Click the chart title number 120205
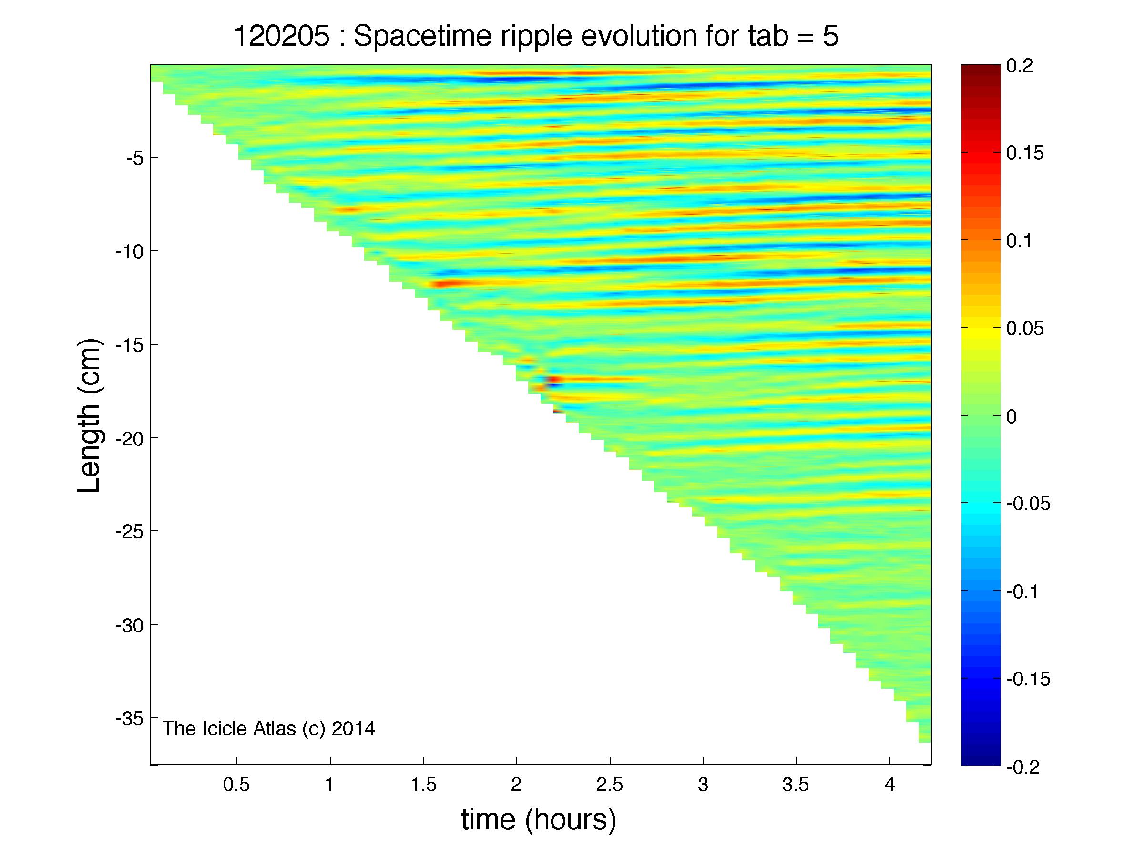click(x=282, y=37)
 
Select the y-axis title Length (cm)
click(x=89, y=416)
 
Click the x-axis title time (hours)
click(x=539, y=819)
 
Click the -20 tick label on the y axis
click(x=131, y=438)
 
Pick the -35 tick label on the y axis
click(x=131, y=718)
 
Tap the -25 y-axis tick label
click(x=131, y=531)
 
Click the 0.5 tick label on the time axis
click(x=236, y=786)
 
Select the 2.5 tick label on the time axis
click(x=610, y=786)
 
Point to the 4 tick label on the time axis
click(x=889, y=786)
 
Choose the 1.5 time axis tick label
click(x=423, y=786)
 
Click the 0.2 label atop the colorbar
click(x=1020, y=66)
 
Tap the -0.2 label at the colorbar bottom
click(x=1023, y=767)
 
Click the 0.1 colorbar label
click(x=1020, y=241)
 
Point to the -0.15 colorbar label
click(x=1029, y=679)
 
